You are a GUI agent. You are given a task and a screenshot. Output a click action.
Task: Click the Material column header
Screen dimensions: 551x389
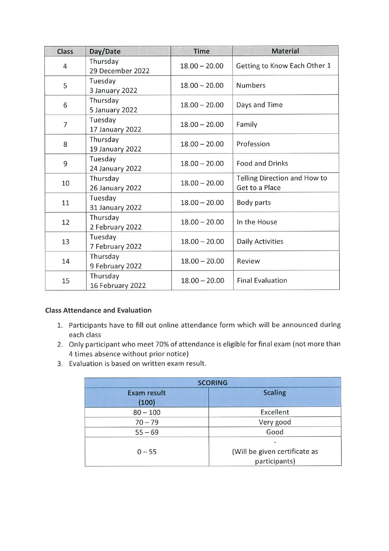click(x=285, y=51)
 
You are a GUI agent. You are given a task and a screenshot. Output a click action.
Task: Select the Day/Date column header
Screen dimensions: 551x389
click(x=105, y=51)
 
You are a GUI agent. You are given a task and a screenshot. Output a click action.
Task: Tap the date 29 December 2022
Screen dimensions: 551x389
click(x=119, y=71)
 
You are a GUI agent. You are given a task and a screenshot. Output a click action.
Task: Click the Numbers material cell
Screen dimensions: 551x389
click(x=251, y=85)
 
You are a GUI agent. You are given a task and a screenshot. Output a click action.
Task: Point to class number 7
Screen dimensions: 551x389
click(x=65, y=125)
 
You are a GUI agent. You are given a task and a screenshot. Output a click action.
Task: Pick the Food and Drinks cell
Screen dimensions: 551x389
click(x=262, y=164)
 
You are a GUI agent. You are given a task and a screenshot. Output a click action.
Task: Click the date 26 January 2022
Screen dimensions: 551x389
click(x=115, y=188)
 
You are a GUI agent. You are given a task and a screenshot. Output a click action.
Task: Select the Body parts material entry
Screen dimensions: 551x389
click(x=254, y=203)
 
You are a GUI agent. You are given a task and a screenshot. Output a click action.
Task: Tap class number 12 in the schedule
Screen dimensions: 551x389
click(x=66, y=222)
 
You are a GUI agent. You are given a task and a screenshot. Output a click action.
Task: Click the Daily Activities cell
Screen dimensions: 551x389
click(x=260, y=241)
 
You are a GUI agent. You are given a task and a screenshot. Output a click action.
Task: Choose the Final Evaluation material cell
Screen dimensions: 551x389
click(x=262, y=280)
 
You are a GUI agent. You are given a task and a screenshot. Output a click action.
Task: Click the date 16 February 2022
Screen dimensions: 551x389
click(x=118, y=286)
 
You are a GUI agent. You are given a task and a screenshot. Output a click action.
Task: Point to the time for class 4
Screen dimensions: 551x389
click(x=202, y=66)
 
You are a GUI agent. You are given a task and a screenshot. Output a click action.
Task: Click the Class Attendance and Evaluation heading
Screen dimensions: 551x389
click(x=98, y=310)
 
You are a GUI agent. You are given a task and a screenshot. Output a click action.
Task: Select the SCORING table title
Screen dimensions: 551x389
click(x=213, y=383)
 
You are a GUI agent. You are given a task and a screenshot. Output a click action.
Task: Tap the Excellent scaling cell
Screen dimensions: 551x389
click(x=275, y=412)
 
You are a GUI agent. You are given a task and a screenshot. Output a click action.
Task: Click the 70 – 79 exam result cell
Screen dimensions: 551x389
click(x=147, y=422)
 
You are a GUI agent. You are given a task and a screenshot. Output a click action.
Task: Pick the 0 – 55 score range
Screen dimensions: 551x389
click(x=147, y=452)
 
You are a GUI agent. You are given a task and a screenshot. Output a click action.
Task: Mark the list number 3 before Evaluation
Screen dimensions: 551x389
click(x=60, y=364)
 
